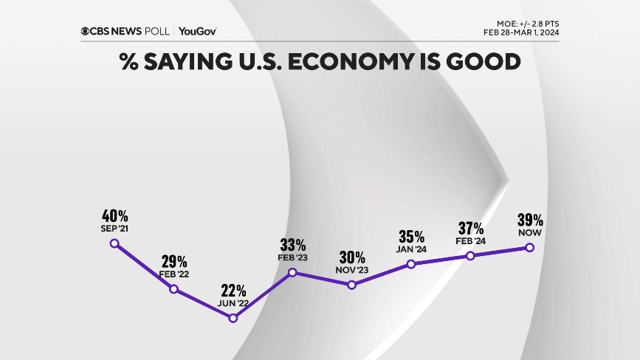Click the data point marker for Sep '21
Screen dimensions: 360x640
(114, 243)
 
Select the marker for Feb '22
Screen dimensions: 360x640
(174, 289)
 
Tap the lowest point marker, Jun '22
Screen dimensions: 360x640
(233, 318)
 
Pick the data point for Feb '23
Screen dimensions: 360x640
(292, 272)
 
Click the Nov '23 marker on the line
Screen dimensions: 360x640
(351, 285)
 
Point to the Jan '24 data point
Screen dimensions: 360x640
(411, 264)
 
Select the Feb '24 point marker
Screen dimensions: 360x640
(470, 255)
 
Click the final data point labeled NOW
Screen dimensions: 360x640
(529, 248)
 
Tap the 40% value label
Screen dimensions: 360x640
(115, 216)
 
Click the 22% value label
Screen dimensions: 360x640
(233, 291)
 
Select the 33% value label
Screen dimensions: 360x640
(293, 245)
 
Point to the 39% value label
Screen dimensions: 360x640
(530, 220)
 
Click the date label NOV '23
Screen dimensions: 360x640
(352, 271)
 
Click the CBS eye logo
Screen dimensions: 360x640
(86, 31)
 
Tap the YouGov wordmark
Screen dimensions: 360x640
(197, 31)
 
